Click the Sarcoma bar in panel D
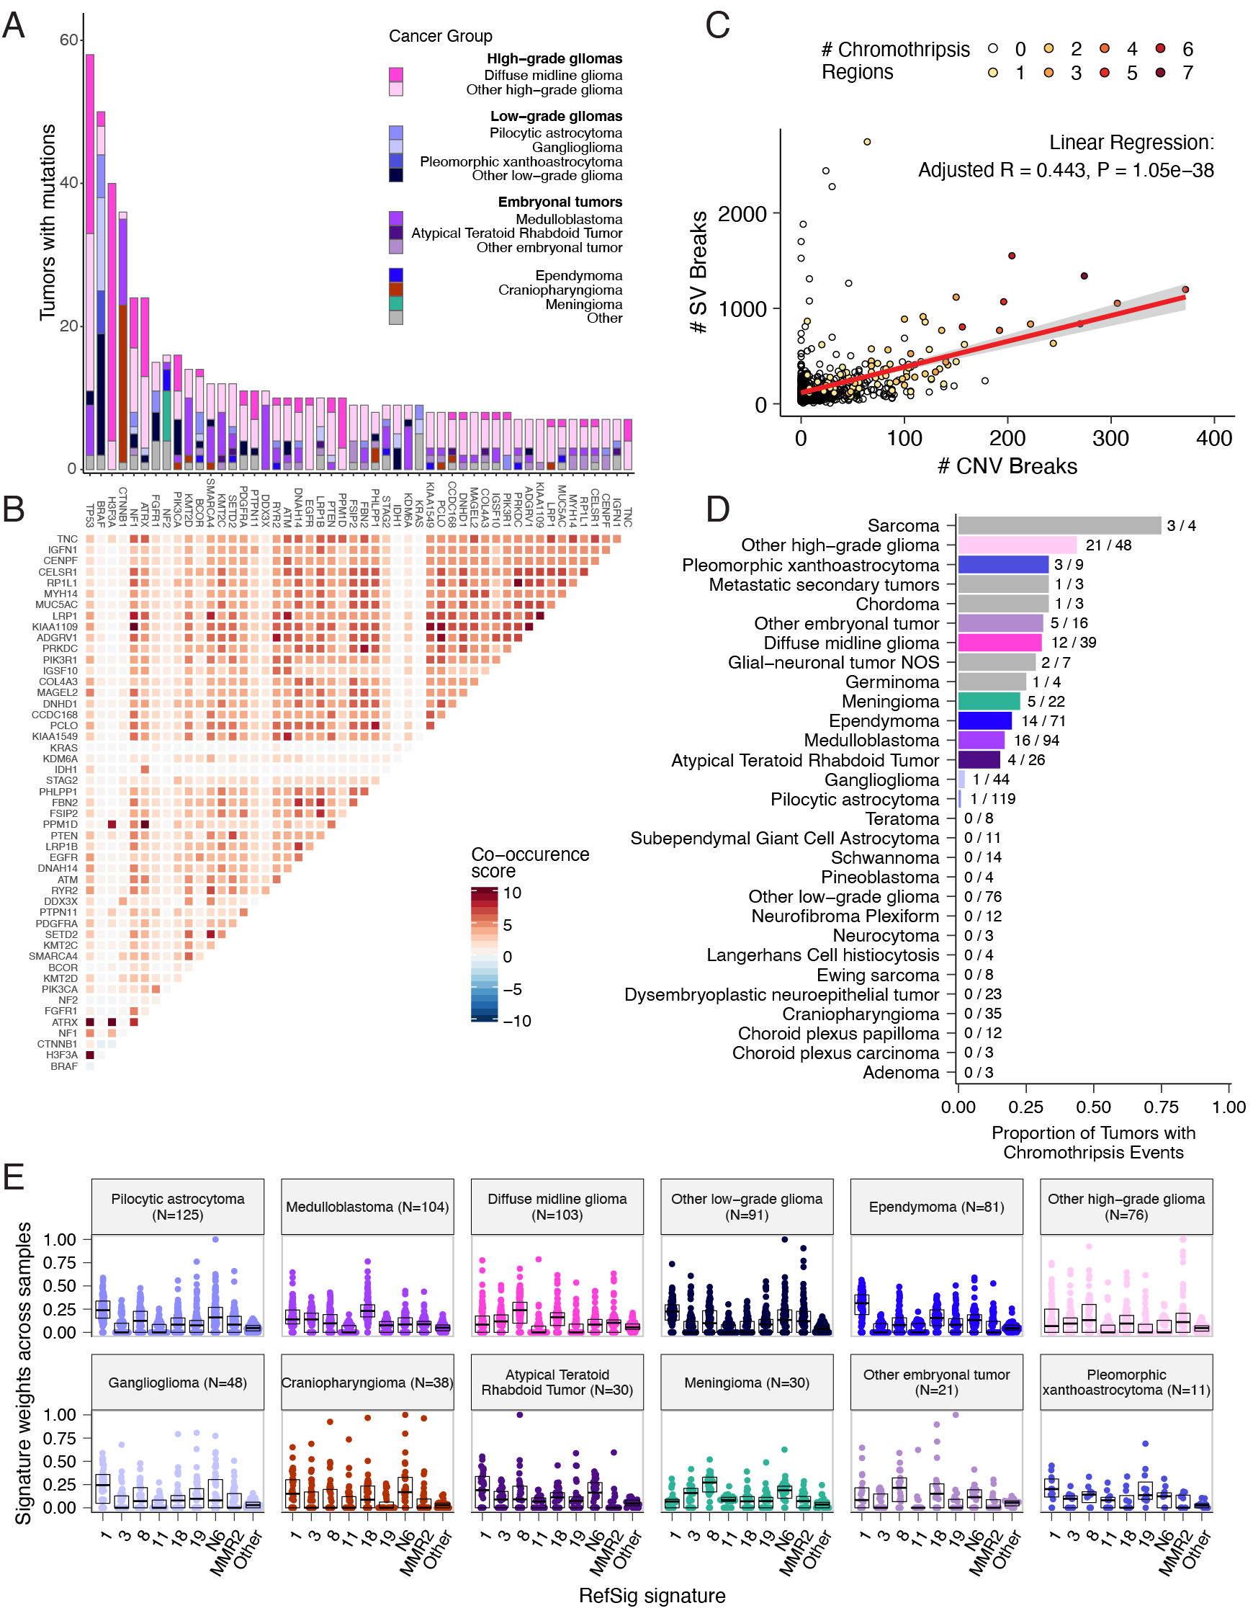1059,525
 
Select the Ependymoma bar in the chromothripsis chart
984,720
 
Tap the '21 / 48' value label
1108,545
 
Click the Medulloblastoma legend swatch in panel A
396,219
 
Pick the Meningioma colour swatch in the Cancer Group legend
396,303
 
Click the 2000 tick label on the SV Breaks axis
742,214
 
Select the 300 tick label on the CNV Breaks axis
1110,438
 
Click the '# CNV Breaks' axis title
1007,466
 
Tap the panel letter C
717,25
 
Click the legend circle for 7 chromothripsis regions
1160,72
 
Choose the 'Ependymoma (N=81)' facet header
936,1207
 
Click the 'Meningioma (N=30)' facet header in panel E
746,1383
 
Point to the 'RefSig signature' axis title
652,1595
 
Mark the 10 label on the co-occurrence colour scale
512,893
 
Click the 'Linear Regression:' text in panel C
1131,143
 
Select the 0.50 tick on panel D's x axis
1094,1107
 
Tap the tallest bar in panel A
90,260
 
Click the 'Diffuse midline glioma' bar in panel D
1000,643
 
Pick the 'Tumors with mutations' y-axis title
48,223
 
